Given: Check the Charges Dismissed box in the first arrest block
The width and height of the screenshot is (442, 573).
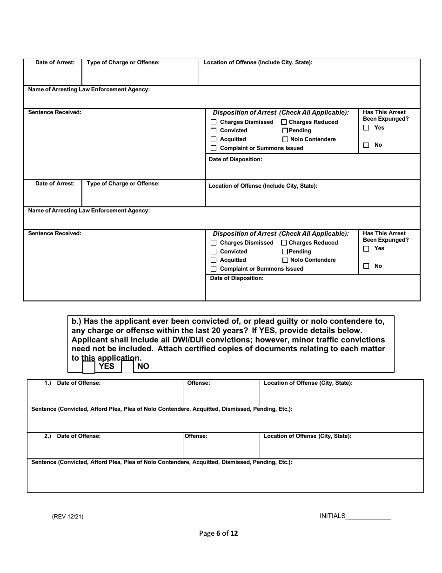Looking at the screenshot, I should (x=214, y=122).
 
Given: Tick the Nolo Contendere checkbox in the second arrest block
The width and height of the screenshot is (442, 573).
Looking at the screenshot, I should (x=285, y=260).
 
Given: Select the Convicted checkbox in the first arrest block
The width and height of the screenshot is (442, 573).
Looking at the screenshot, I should (x=214, y=131).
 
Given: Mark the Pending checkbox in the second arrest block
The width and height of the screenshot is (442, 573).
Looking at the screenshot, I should (x=285, y=252).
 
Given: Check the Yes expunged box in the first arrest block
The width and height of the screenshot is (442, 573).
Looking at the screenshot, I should (x=366, y=128).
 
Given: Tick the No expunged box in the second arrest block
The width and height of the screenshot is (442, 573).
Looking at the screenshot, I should (x=366, y=266).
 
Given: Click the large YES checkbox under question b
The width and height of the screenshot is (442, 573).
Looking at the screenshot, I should (x=89, y=367).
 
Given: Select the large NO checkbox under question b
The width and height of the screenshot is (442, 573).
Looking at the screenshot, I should (x=127, y=367).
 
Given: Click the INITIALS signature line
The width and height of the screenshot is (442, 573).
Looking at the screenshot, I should (x=368, y=516).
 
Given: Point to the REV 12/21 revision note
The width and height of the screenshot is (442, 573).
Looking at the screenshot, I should (x=68, y=517).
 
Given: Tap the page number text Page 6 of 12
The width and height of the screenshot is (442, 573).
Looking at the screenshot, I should (x=218, y=533).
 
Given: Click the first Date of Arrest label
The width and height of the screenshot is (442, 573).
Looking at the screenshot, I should (x=55, y=62).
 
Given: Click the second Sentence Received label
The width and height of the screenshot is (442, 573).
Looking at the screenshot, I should (x=54, y=233).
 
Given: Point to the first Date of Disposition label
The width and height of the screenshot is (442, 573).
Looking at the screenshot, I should (x=235, y=159).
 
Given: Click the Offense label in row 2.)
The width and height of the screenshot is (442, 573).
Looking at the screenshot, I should (x=196, y=437).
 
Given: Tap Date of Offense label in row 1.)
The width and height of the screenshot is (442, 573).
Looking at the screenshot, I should (x=79, y=383).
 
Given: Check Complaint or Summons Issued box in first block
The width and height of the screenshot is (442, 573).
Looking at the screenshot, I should (x=214, y=148).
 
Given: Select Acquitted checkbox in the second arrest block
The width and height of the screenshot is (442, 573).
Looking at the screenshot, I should (x=214, y=260).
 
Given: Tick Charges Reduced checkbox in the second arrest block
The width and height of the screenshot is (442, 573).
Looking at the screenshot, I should (x=284, y=243).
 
